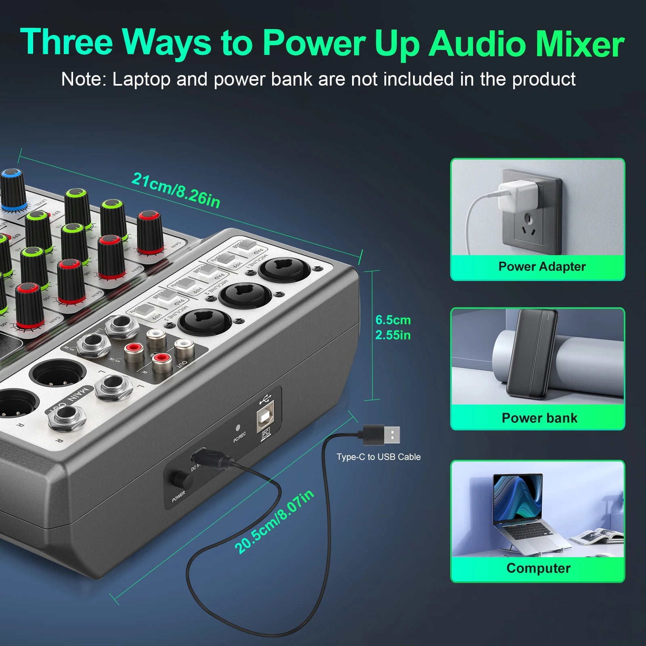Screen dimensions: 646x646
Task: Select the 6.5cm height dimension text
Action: coord(393,320)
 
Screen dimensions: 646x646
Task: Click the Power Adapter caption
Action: coord(542,266)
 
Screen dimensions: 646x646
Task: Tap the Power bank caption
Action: coord(539,418)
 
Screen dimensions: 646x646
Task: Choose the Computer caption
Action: coord(538,568)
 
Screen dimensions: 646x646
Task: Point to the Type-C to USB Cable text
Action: coord(378,457)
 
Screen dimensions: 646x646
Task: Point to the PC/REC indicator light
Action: coord(238,427)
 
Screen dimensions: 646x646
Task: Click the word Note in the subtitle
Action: coord(83,79)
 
